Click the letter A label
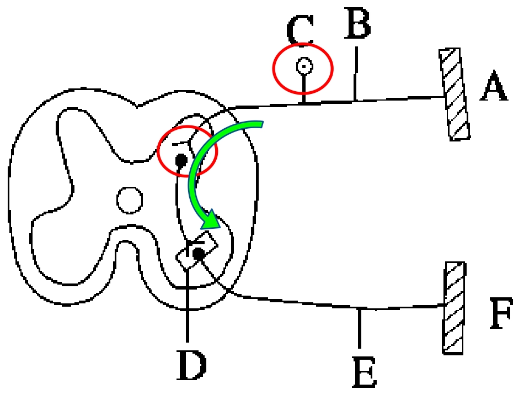pos(494,86)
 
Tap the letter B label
pos(357,23)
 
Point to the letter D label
pos(191,365)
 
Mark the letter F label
pos(501,313)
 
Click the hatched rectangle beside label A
pos(455,94)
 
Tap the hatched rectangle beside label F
pos(454,308)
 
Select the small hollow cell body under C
pos(304,66)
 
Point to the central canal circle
pos(130,200)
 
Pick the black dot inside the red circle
pos(181,161)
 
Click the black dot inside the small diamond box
pos(199,254)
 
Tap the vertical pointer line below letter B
pos(356,73)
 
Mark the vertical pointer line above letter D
pos(187,305)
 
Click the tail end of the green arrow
pos(262,124)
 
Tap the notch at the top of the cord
pos(137,107)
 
